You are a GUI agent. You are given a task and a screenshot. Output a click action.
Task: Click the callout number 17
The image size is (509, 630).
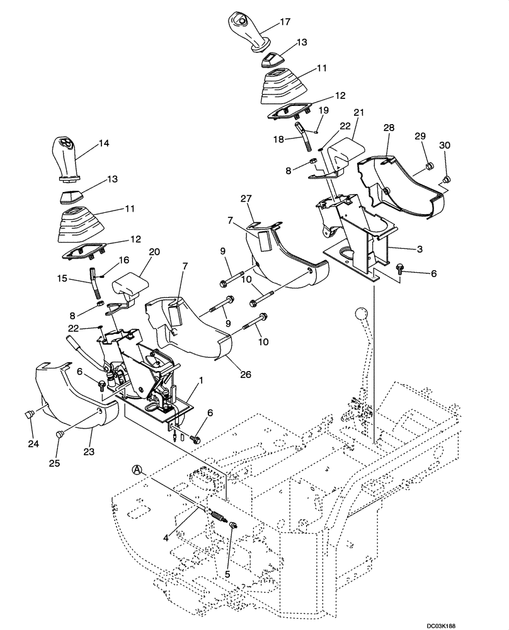[285, 21]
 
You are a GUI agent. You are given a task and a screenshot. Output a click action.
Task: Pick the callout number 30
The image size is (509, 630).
[445, 145]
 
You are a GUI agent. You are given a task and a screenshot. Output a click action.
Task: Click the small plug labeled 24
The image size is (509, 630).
[29, 415]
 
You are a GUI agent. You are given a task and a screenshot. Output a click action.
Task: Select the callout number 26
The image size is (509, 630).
[245, 374]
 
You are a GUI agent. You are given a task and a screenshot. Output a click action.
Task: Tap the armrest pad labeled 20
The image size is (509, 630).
[131, 287]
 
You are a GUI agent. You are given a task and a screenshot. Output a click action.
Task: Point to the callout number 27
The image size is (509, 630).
[246, 198]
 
